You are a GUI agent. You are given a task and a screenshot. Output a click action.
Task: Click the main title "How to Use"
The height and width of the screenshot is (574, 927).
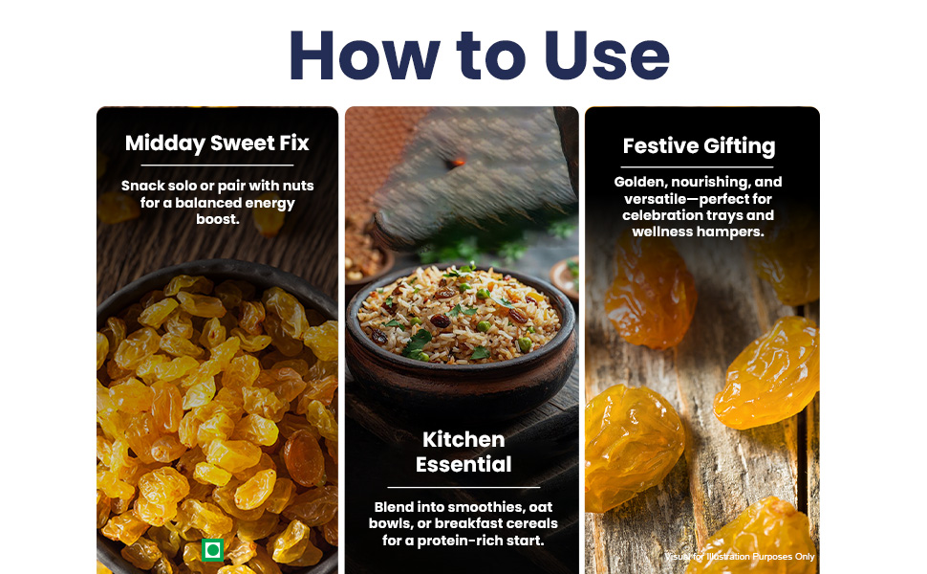(x=480, y=55)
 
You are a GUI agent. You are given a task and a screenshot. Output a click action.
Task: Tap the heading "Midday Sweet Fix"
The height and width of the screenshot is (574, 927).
(x=217, y=143)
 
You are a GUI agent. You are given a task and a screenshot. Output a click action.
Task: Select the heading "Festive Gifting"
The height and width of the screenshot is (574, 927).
(x=699, y=146)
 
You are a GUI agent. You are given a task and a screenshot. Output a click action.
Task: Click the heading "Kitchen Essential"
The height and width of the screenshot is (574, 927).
(x=463, y=452)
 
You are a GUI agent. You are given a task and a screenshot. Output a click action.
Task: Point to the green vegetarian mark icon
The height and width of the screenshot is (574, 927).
(x=212, y=550)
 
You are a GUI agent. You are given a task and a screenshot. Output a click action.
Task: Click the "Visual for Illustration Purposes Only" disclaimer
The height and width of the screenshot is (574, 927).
(x=740, y=556)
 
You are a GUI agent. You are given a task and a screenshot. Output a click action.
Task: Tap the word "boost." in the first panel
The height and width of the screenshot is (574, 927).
(x=218, y=219)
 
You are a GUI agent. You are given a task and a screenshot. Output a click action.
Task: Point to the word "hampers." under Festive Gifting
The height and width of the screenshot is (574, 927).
(x=732, y=232)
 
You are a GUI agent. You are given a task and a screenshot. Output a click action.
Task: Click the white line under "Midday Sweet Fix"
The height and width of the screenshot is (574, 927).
(x=217, y=166)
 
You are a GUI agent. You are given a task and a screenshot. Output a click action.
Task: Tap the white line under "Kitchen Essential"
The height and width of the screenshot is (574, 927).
(x=463, y=487)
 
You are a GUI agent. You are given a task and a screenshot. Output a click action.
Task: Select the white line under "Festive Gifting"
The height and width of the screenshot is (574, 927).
(x=698, y=167)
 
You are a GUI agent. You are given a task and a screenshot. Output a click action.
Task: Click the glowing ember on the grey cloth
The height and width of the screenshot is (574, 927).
(x=456, y=161)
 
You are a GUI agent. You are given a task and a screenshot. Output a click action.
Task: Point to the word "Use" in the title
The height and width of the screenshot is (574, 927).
(x=607, y=55)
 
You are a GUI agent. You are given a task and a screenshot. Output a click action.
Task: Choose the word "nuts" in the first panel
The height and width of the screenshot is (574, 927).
(x=298, y=186)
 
